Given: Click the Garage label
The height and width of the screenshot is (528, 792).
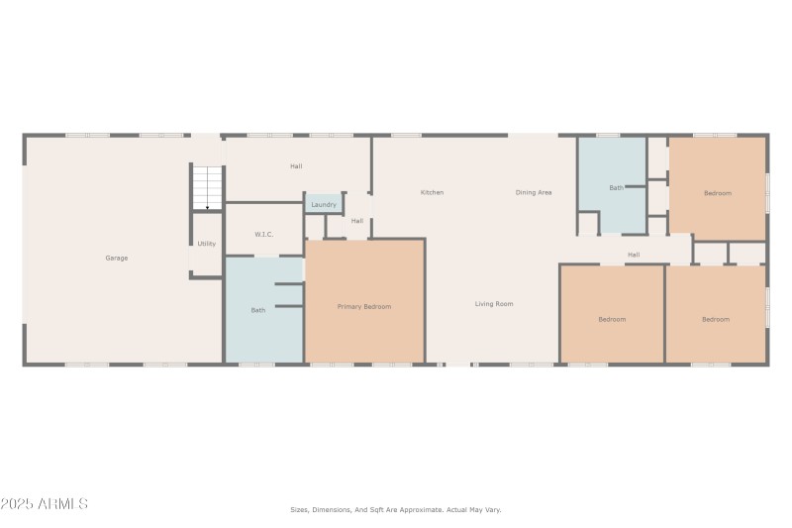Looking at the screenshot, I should [117, 258].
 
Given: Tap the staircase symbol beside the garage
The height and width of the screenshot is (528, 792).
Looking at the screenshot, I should [207, 187].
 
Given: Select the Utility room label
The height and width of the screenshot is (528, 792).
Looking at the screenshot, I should [206, 244].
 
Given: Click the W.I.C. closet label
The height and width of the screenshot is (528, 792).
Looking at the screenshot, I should [263, 234].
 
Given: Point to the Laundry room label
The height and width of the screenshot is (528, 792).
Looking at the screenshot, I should [324, 205].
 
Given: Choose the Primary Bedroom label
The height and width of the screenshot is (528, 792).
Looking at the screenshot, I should [364, 307].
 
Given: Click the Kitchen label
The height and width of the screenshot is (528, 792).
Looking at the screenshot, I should [432, 192].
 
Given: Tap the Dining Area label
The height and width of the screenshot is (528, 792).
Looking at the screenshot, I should [534, 192].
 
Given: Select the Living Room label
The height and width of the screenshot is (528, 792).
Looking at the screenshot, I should [494, 304].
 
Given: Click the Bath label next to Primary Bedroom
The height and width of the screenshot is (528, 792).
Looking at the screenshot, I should [257, 310].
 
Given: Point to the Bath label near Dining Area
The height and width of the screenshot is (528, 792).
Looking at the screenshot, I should [616, 187].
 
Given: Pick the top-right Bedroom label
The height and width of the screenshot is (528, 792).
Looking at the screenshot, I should [718, 193].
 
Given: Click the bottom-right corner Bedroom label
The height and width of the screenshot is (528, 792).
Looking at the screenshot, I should [716, 319].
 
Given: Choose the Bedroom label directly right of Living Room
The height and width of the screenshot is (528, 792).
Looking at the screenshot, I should [612, 319].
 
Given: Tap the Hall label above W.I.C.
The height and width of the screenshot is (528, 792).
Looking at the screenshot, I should [296, 166].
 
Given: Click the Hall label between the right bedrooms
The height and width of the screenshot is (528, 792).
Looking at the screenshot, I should [634, 255].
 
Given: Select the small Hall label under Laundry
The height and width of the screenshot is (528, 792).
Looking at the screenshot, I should [356, 221].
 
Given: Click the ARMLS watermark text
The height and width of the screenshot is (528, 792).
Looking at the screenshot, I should [45, 504].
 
